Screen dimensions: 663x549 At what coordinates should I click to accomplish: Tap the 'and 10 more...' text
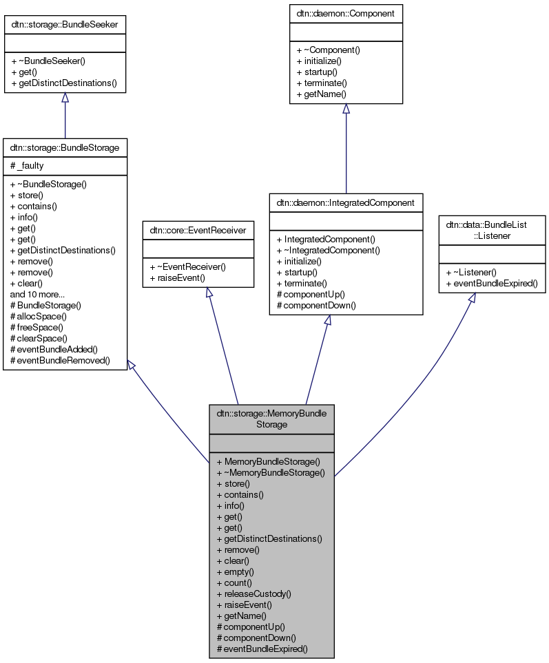click(x=37, y=294)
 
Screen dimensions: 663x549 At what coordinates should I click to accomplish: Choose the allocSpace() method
click(x=39, y=316)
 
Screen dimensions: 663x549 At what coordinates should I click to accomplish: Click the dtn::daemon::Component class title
click(x=346, y=13)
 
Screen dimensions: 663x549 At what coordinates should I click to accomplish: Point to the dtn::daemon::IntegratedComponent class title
click(x=346, y=202)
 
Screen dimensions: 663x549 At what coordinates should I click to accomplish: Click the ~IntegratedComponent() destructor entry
click(x=328, y=250)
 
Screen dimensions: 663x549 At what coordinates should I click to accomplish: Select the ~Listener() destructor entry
click(x=473, y=273)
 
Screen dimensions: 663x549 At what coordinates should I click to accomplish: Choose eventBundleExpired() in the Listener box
click(x=492, y=284)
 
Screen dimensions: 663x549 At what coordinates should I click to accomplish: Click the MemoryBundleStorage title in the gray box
click(x=271, y=419)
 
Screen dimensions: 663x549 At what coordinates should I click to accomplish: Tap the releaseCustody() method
click(x=253, y=593)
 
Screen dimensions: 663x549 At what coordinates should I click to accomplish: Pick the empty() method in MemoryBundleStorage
click(x=235, y=571)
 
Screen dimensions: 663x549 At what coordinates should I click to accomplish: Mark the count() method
click(x=234, y=582)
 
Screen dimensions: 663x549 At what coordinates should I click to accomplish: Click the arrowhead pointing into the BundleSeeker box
click(x=65, y=98)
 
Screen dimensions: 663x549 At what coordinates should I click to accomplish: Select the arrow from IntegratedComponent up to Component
click(x=346, y=151)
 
